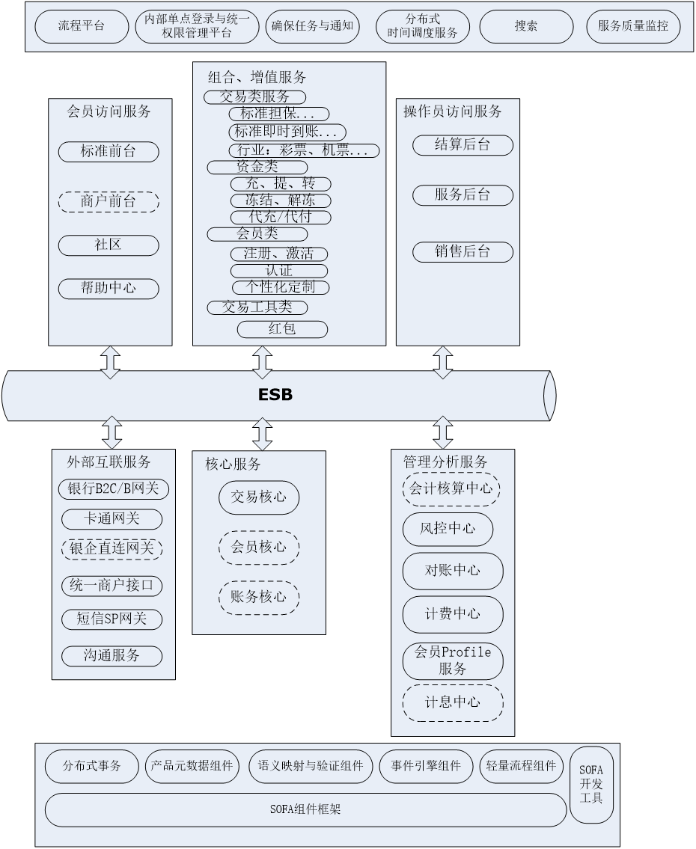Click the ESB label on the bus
(x=275, y=395)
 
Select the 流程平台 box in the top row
(x=82, y=27)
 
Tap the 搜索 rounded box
(x=526, y=27)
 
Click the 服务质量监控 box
(x=633, y=27)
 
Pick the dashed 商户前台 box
(x=109, y=202)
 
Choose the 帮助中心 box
(x=109, y=288)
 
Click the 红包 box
(x=282, y=329)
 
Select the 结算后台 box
(x=463, y=145)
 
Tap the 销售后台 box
(x=463, y=252)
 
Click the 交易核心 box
(x=259, y=497)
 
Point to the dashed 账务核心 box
(x=259, y=597)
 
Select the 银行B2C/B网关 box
(x=114, y=489)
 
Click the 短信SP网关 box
(x=112, y=619)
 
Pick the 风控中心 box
(x=448, y=529)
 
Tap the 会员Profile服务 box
(x=453, y=660)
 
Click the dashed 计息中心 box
(x=453, y=702)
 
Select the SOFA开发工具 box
(x=596, y=783)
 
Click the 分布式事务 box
(x=92, y=767)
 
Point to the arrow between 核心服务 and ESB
(x=262, y=434)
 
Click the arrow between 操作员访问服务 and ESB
(x=443, y=362)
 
